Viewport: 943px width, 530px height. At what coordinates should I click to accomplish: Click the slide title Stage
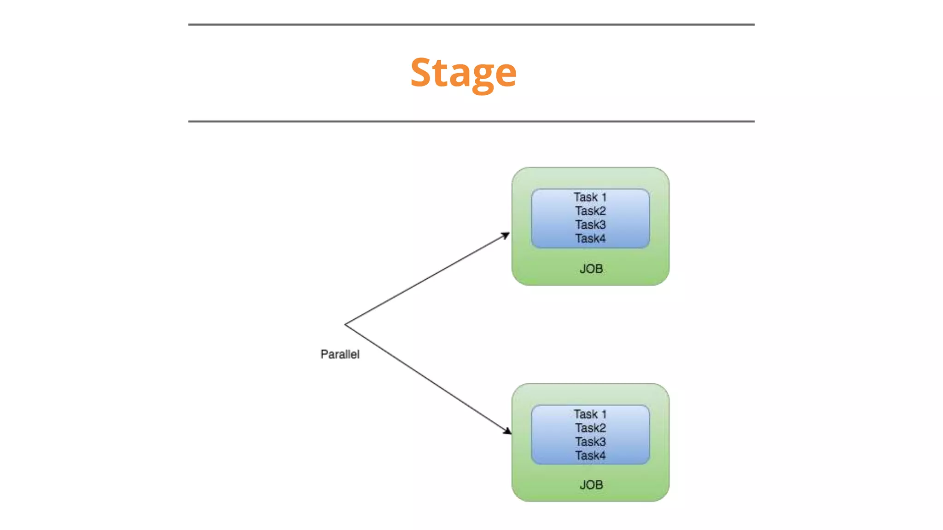[x=463, y=73]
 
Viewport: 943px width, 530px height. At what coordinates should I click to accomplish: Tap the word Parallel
[x=340, y=354]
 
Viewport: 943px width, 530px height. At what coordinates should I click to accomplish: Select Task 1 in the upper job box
[x=590, y=197]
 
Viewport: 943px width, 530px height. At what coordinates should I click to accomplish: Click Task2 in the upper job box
[x=590, y=211]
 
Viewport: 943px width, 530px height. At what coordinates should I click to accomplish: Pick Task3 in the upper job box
[x=590, y=225]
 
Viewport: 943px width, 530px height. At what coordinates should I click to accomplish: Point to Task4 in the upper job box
[x=590, y=239]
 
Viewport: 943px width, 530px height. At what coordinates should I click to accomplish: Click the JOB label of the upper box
[x=591, y=269]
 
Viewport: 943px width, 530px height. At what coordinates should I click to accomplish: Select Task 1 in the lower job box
[x=590, y=414]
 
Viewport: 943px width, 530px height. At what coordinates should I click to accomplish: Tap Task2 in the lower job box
[x=590, y=428]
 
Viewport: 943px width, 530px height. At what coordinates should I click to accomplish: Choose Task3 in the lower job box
[x=590, y=442]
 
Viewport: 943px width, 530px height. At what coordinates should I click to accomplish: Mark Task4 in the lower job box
[x=590, y=455]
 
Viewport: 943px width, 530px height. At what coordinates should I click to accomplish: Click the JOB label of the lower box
[x=591, y=485]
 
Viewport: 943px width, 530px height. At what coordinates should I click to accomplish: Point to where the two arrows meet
[x=345, y=325]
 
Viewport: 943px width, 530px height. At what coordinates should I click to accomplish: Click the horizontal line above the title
[x=471, y=24]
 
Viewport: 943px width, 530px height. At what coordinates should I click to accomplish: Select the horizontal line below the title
[x=471, y=121]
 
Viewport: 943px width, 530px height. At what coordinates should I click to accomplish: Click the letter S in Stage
[x=421, y=73]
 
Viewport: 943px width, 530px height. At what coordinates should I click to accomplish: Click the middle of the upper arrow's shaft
[x=427, y=279]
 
